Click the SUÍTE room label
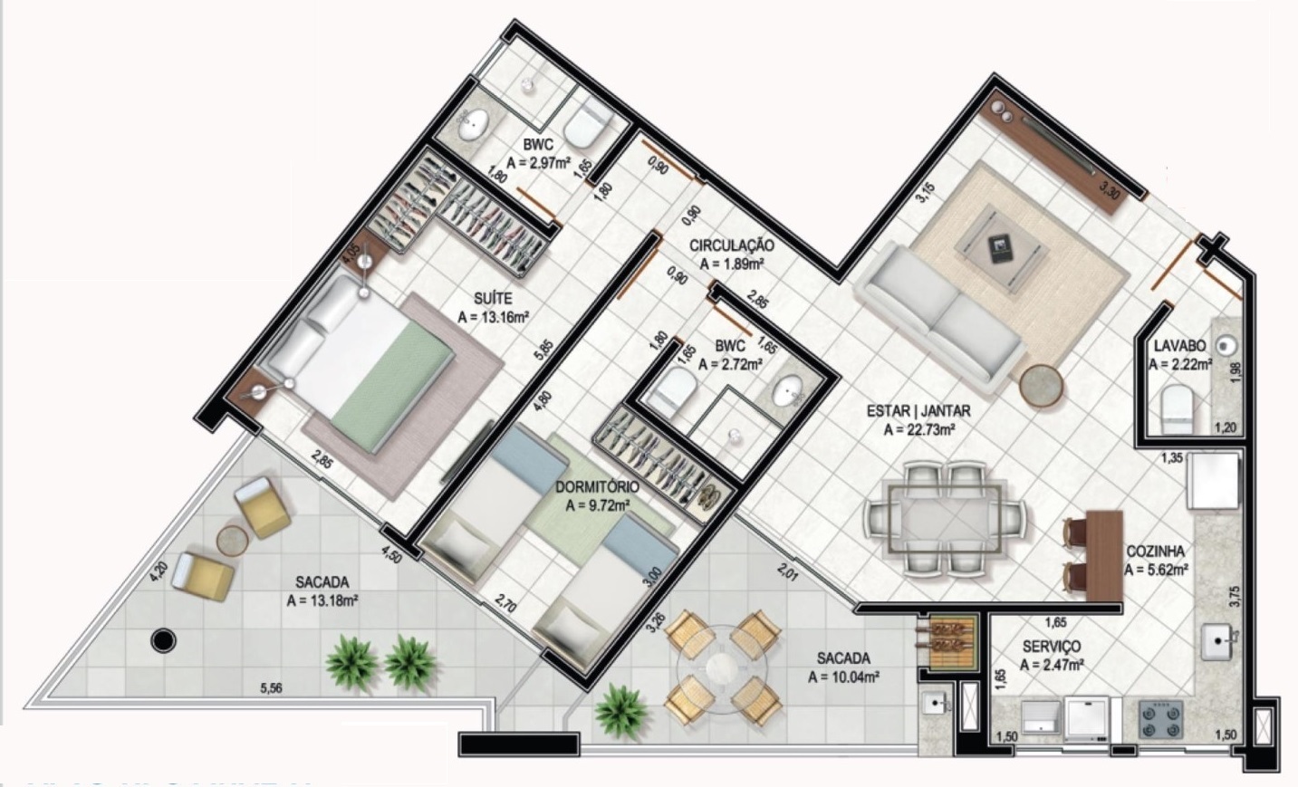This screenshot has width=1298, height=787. (494, 297)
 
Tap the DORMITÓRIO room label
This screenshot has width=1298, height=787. (597, 487)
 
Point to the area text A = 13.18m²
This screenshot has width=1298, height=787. (323, 600)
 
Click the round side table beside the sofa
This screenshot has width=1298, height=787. (1043, 385)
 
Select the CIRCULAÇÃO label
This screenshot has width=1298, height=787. (731, 245)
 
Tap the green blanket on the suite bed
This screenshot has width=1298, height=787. (392, 372)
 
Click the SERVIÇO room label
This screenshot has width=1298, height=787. (1051, 647)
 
